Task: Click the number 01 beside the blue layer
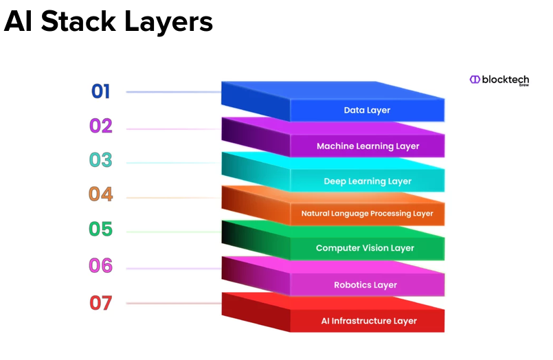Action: pyautogui.click(x=100, y=91)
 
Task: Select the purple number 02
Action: pyautogui.click(x=101, y=126)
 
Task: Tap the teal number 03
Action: pyautogui.click(x=100, y=160)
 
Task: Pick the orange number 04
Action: pyautogui.click(x=100, y=194)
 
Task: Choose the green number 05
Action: pyautogui.click(x=100, y=229)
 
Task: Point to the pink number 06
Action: pyautogui.click(x=100, y=265)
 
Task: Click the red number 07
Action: pyautogui.click(x=101, y=303)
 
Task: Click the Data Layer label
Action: pyautogui.click(x=367, y=111)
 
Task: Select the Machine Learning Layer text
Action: pyautogui.click(x=368, y=146)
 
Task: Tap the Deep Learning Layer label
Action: pyautogui.click(x=368, y=181)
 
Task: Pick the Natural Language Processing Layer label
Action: pyautogui.click(x=367, y=213)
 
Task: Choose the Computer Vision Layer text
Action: pyautogui.click(x=365, y=248)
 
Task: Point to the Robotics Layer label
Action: pyautogui.click(x=365, y=285)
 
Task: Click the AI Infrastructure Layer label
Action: pyautogui.click(x=369, y=321)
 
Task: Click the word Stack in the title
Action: pyautogui.click(x=78, y=21)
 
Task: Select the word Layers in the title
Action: pyautogui.click(x=168, y=23)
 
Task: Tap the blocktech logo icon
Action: pyautogui.click(x=475, y=79)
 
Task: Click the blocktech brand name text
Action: pyautogui.click(x=506, y=80)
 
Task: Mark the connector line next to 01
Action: pyautogui.click(x=174, y=92)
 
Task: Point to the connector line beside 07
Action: pyautogui.click(x=174, y=303)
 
